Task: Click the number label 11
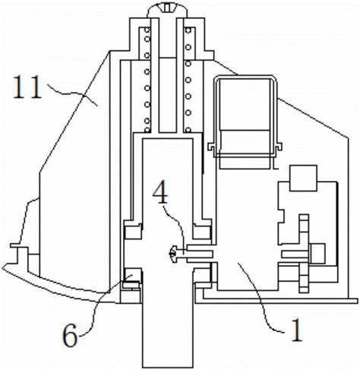click(27, 87)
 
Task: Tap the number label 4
click(160, 192)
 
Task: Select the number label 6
click(70, 336)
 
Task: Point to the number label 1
click(296, 330)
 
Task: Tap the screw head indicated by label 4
click(173, 254)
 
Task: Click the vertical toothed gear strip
click(304, 254)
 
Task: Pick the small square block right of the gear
click(317, 253)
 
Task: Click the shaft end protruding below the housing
click(167, 336)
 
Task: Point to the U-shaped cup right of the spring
click(245, 116)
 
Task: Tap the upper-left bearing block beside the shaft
click(132, 229)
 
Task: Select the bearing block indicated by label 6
click(131, 277)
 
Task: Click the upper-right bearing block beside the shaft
click(202, 229)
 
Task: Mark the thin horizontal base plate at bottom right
click(276, 301)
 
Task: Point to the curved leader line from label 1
click(264, 298)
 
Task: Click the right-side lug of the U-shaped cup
click(279, 147)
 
